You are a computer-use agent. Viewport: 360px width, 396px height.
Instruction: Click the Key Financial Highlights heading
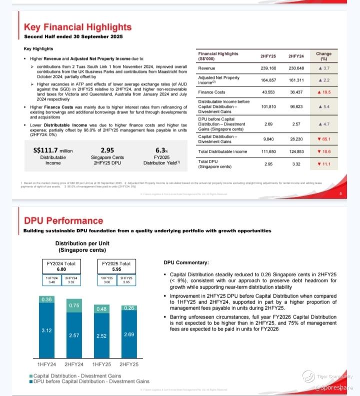coord(75,26)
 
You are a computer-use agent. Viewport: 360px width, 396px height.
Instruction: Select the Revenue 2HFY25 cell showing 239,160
coord(265,68)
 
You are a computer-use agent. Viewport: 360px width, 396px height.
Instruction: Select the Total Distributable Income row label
coord(222,152)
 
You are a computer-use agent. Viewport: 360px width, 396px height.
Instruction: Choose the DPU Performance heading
coord(63,220)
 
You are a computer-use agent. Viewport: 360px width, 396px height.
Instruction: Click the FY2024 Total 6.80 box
coord(61,266)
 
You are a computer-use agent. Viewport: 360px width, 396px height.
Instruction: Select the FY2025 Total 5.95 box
coord(116,266)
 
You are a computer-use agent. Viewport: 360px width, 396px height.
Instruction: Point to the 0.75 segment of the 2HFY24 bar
coord(74,306)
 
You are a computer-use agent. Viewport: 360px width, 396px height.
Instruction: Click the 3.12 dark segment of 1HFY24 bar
coord(46,331)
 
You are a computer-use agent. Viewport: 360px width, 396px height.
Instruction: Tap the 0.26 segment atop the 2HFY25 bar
coord(128,308)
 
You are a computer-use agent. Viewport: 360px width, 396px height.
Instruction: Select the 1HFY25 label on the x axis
coord(101,365)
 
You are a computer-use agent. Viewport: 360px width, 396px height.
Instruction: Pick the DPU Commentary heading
coord(186,263)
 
